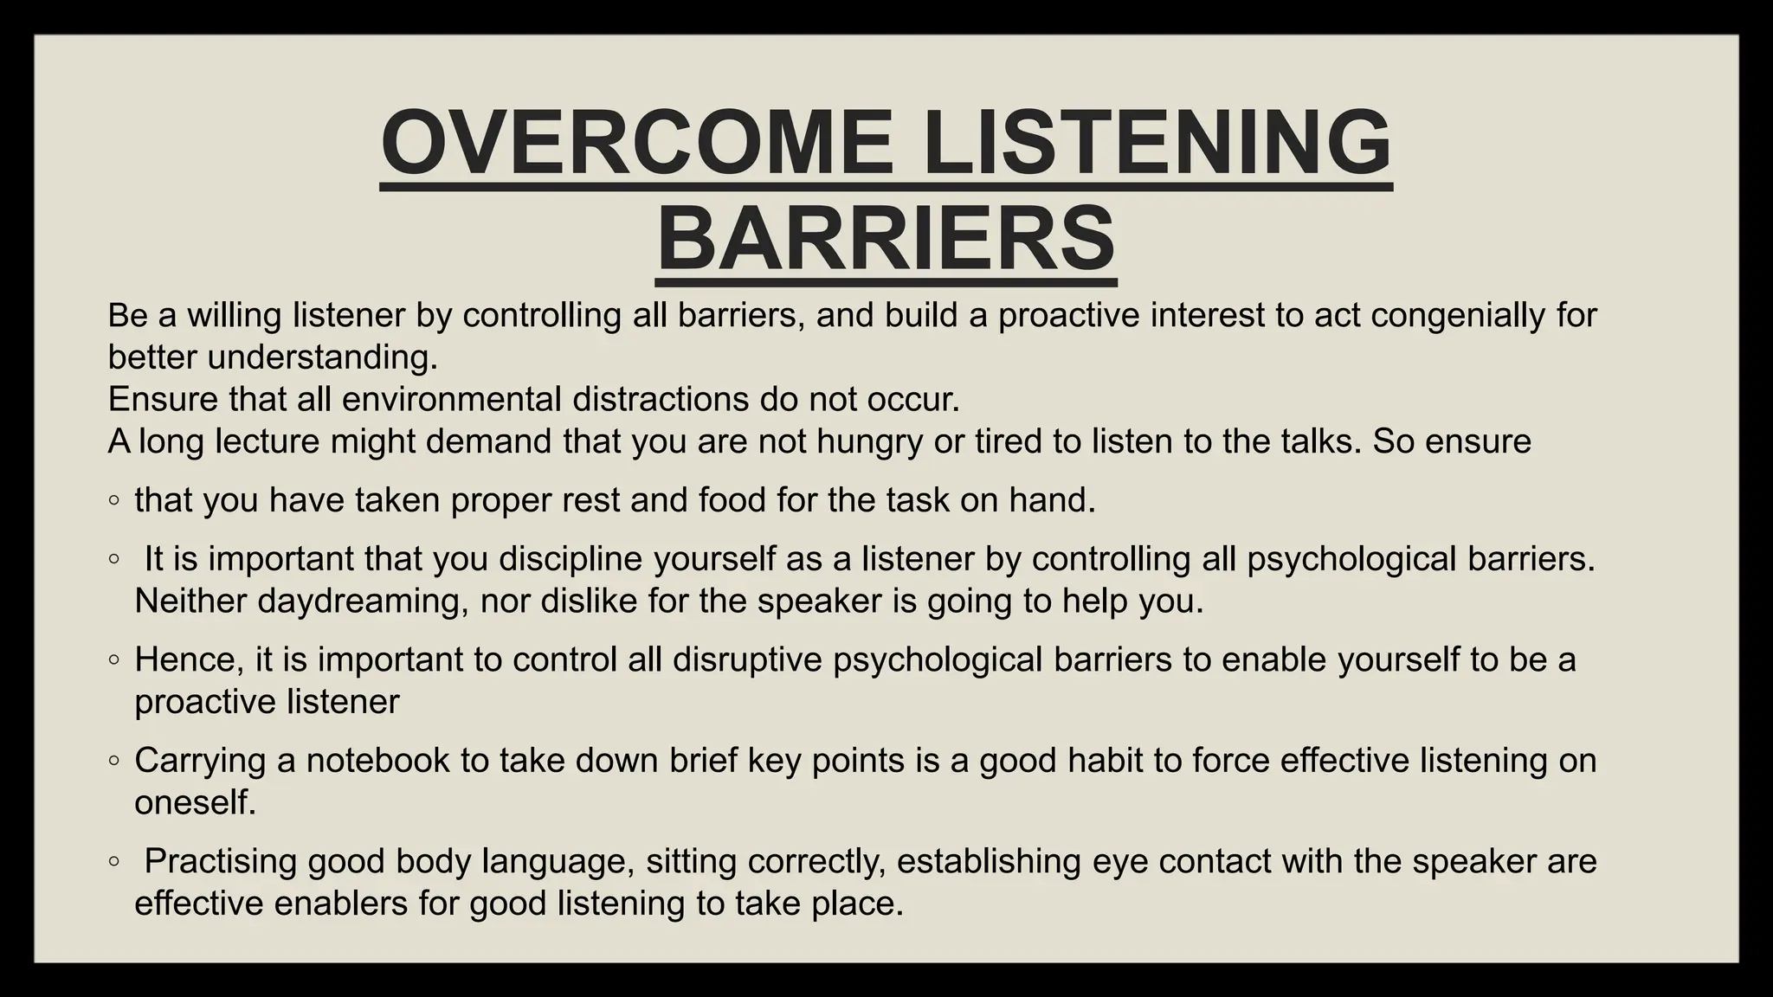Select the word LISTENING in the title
coord(1157,141)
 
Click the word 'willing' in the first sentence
coord(235,315)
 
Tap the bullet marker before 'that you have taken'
coord(114,501)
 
